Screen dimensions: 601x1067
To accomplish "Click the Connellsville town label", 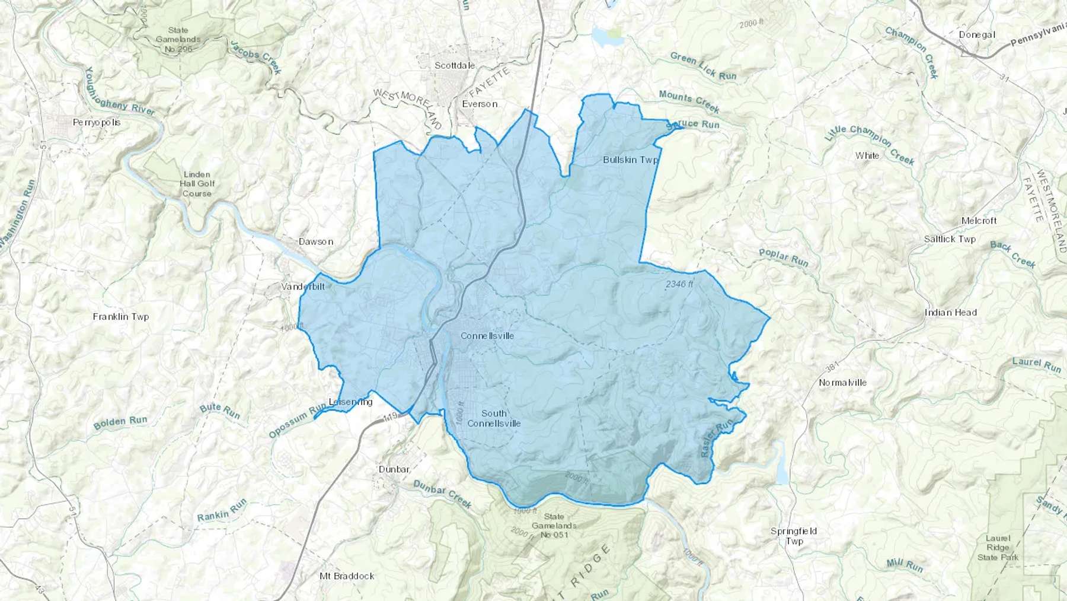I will click(x=487, y=336).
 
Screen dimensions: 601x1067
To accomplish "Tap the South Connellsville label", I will click(x=494, y=418).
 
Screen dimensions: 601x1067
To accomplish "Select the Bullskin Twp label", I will click(x=631, y=160).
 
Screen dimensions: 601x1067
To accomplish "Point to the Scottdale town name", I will click(x=455, y=65).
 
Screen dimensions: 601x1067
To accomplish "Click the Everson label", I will click(x=480, y=104).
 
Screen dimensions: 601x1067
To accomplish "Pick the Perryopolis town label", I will click(x=97, y=122).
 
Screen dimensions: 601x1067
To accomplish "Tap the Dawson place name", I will click(x=316, y=241).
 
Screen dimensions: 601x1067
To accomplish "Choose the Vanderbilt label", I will click(x=303, y=287).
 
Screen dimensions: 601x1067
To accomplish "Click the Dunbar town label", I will click(x=394, y=469).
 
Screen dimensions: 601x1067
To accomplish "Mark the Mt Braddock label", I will click(x=347, y=575).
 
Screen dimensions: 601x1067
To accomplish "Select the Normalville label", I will click(x=842, y=383).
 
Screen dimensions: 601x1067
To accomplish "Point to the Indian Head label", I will click(x=950, y=312).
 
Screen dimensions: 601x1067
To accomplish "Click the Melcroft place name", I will click(x=979, y=221).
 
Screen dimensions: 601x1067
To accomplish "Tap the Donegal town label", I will click(x=977, y=34).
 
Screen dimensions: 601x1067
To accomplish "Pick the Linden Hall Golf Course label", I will click(x=197, y=184).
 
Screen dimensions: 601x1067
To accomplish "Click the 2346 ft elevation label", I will click(x=679, y=284).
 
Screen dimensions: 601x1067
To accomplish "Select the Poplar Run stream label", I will click(x=784, y=257).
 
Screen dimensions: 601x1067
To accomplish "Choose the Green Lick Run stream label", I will click(x=703, y=65).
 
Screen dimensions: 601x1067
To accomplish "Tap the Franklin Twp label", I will click(x=121, y=317).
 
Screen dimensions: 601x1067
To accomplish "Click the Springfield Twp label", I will click(x=794, y=536).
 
